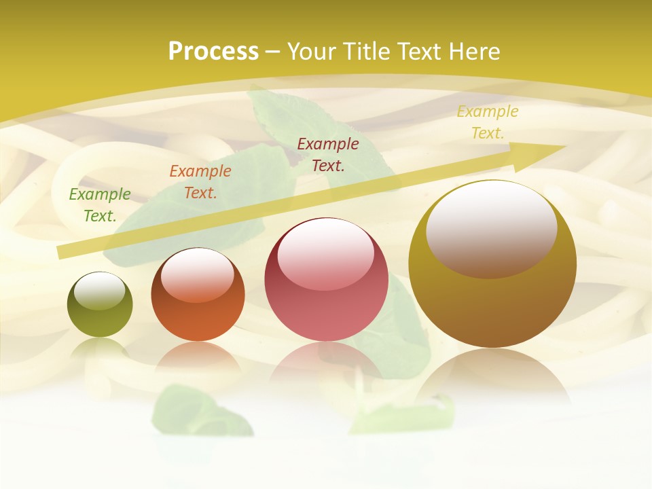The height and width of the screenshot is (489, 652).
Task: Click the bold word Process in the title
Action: [x=213, y=52]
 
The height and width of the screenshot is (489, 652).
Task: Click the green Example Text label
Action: [x=100, y=205]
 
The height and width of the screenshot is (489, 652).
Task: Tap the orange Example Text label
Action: [x=200, y=182]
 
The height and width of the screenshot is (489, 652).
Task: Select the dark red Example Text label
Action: [x=328, y=155]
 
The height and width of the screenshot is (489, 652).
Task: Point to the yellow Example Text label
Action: [x=488, y=122]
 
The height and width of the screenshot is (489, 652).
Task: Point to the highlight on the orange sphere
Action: [x=198, y=274]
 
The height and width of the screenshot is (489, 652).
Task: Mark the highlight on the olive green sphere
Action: [x=100, y=291]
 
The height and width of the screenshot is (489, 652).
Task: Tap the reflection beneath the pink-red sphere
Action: [x=326, y=363]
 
